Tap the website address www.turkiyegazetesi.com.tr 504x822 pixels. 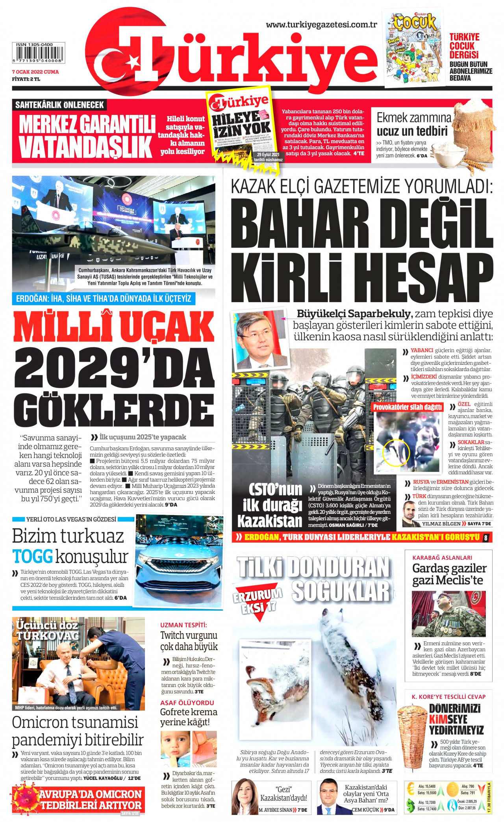coord(321,25)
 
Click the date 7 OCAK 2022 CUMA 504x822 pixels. coord(35,72)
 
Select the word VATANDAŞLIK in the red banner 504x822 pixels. coord(85,147)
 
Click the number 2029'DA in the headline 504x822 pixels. coord(114,370)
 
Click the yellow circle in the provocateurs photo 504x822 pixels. coord(397,453)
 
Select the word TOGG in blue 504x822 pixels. coord(32,556)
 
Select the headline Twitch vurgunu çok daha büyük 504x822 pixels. coord(189,641)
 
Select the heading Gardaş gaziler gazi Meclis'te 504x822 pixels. coord(449,574)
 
